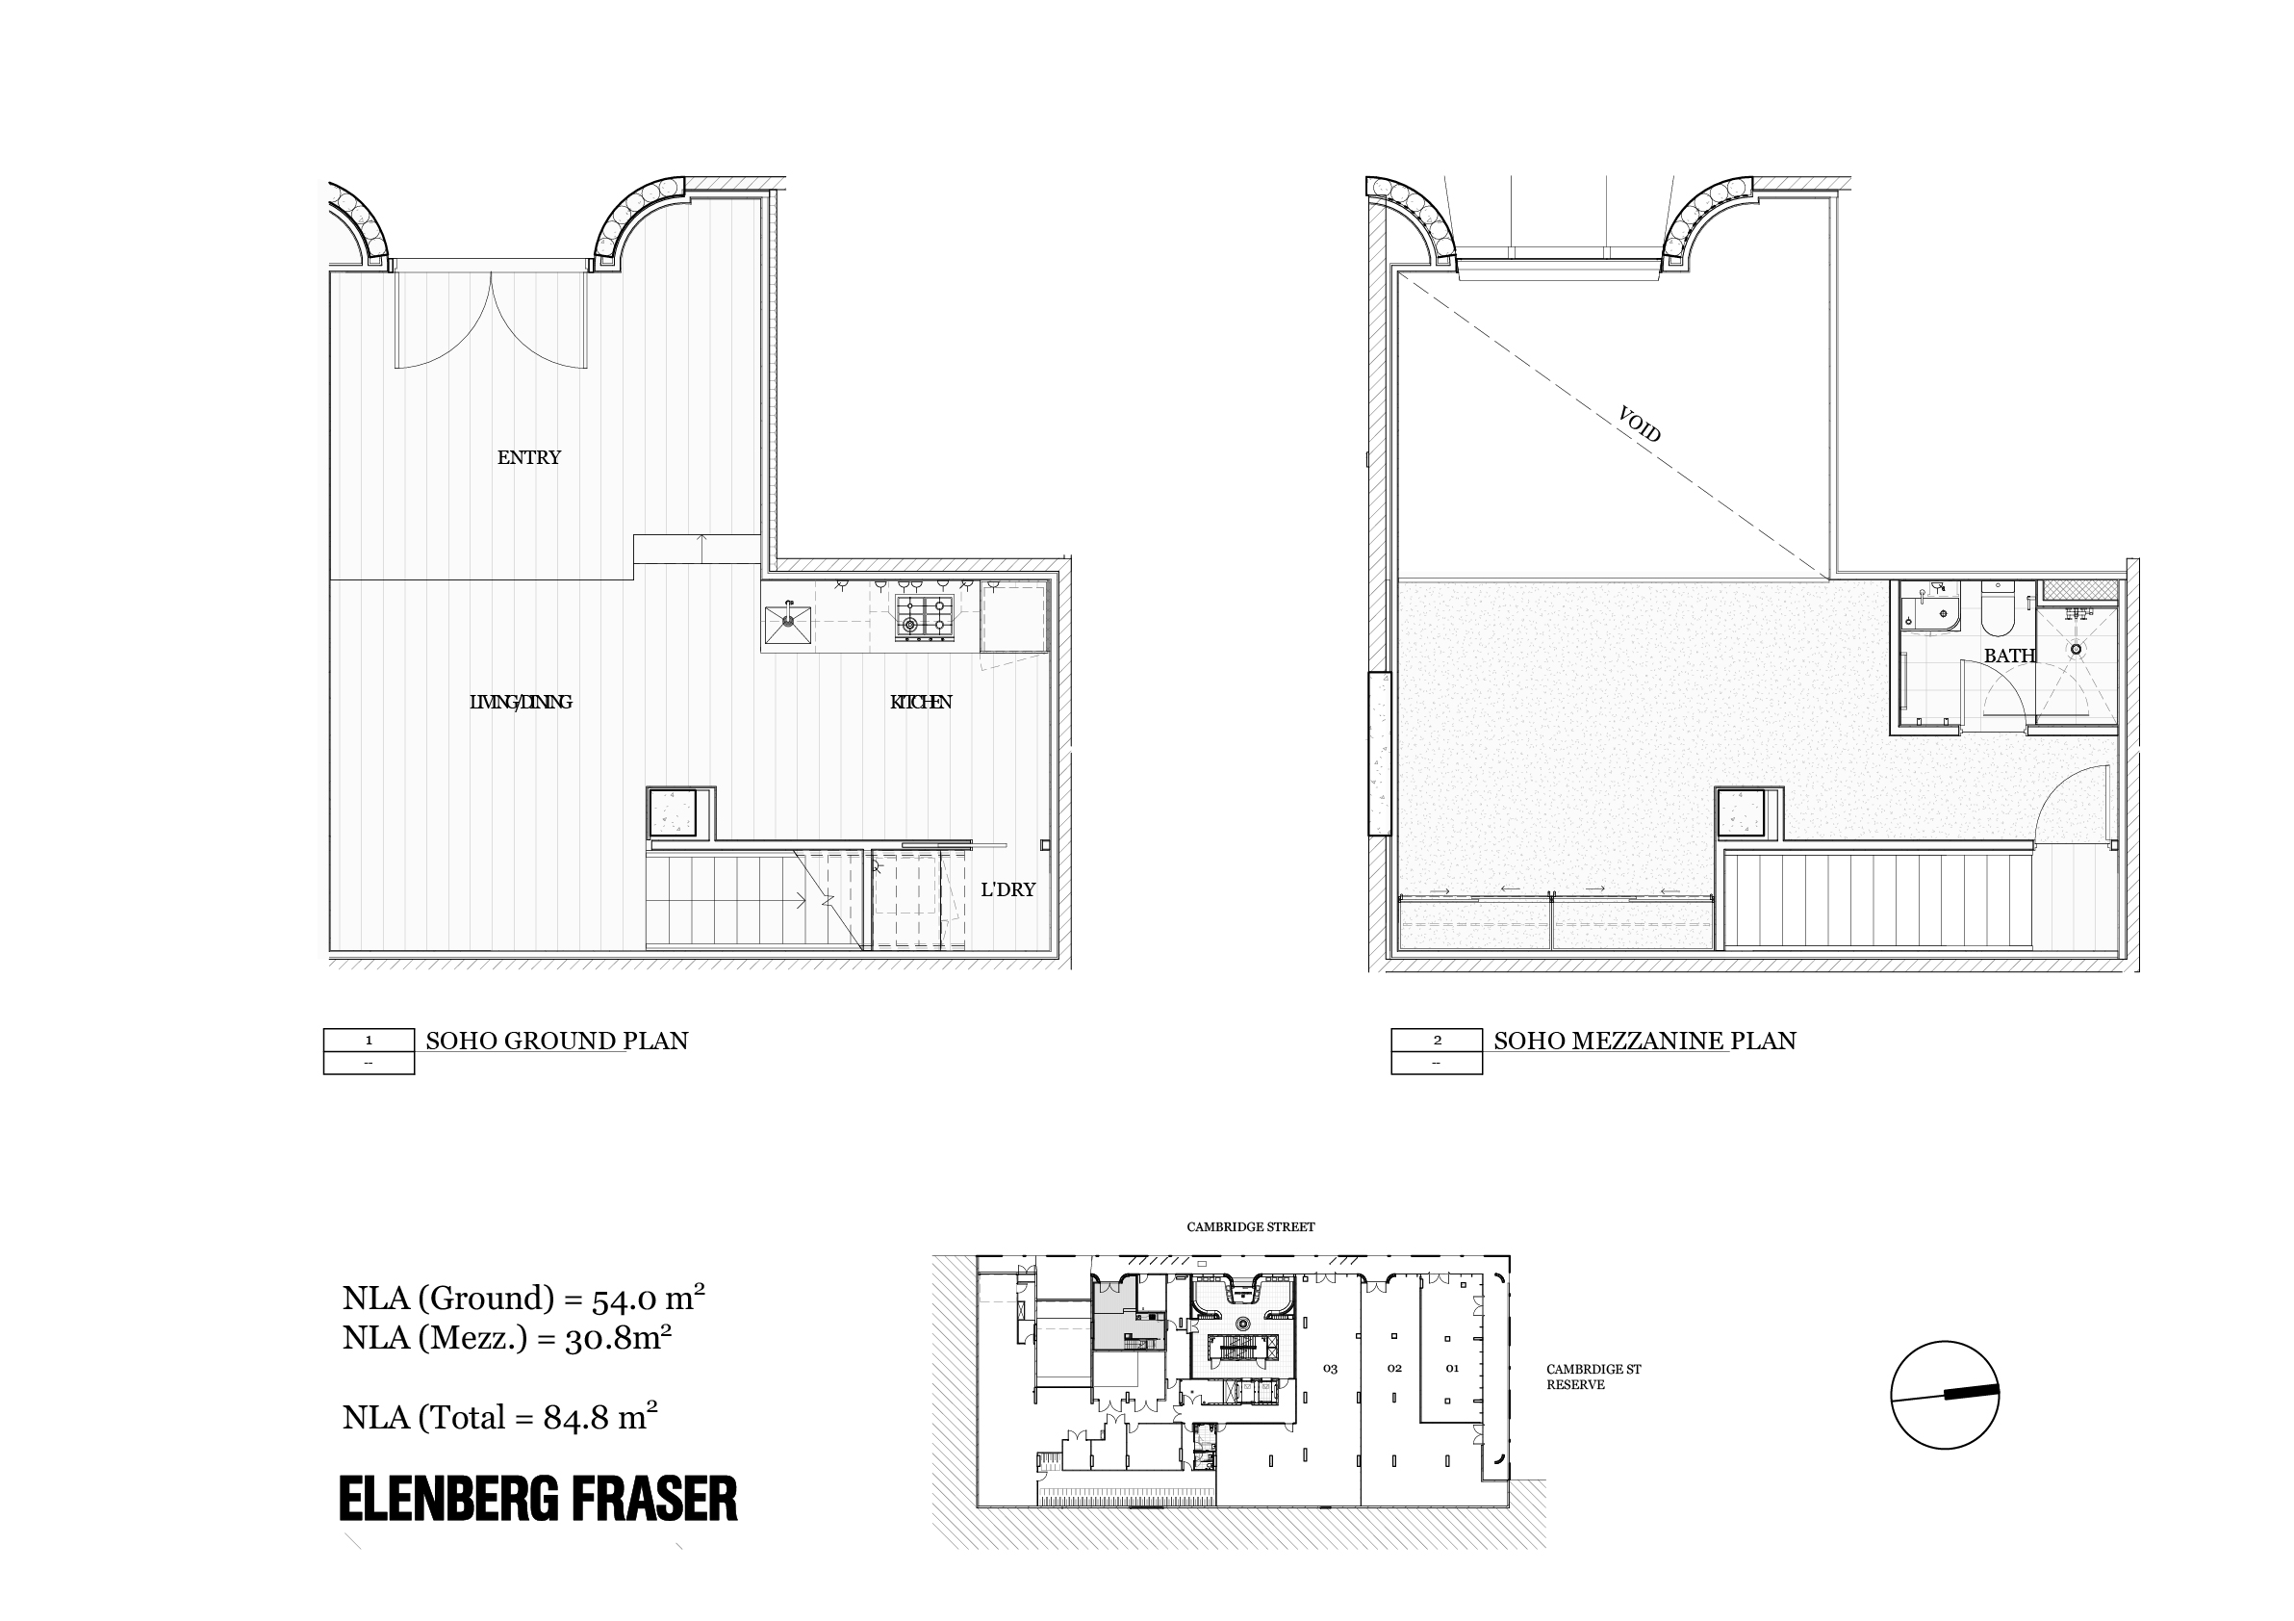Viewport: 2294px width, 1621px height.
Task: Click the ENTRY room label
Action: (x=528, y=458)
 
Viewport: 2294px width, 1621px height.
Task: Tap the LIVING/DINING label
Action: (x=521, y=703)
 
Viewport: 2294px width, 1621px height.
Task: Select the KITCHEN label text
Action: (x=920, y=703)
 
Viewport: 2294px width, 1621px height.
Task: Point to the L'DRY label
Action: (x=1007, y=889)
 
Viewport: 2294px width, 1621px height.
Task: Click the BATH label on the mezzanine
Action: (x=2009, y=656)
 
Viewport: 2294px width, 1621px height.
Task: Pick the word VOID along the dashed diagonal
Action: (x=1640, y=425)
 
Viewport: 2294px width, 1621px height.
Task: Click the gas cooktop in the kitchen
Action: (x=923, y=617)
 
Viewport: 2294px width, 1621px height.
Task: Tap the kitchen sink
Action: (x=788, y=625)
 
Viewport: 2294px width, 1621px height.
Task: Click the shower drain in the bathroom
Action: (x=2077, y=649)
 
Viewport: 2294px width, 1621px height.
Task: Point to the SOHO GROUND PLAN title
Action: (x=556, y=1042)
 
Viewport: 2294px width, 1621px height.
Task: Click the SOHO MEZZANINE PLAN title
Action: (x=1644, y=1042)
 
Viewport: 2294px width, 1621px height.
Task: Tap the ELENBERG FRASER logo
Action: (x=539, y=1499)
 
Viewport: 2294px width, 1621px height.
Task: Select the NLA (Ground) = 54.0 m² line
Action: (x=523, y=1298)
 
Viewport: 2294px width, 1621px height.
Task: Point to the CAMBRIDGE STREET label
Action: (x=1251, y=1226)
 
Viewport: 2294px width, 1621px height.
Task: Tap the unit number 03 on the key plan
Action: (x=1330, y=1369)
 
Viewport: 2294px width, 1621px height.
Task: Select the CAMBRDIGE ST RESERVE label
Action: (x=1593, y=1377)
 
